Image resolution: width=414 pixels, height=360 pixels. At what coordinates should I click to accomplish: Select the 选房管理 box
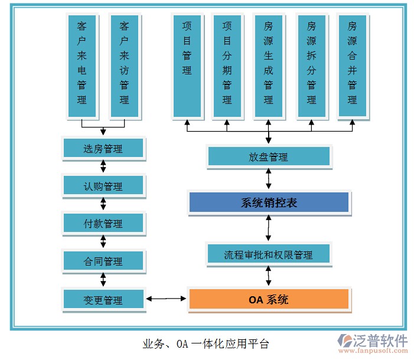pyautogui.click(x=103, y=149)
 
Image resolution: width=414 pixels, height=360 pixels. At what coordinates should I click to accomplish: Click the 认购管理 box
pyautogui.click(x=103, y=186)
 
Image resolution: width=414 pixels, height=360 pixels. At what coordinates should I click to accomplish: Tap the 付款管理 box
pyautogui.click(x=103, y=224)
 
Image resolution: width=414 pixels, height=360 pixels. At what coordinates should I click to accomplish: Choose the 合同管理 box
pyautogui.click(x=103, y=261)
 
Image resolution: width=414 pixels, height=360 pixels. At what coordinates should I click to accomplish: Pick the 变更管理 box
pyautogui.click(x=103, y=300)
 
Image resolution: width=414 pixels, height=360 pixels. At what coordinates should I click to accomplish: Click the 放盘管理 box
pyautogui.click(x=269, y=157)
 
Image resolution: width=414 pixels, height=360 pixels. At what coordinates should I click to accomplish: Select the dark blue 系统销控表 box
pyautogui.click(x=269, y=203)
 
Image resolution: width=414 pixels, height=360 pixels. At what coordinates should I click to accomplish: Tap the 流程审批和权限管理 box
pyautogui.click(x=269, y=255)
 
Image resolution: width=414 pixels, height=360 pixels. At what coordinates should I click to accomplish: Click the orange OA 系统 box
pyautogui.click(x=269, y=299)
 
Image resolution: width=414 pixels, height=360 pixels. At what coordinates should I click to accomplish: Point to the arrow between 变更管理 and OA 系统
pyautogui.click(x=166, y=299)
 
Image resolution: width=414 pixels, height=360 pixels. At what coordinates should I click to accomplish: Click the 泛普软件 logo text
pyautogui.click(x=380, y=341)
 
